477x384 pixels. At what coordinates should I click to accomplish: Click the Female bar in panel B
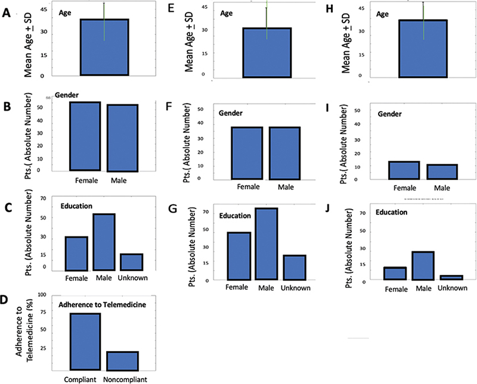[x=85, y=136]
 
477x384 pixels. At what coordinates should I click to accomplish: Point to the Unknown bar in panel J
[x=451, y=277]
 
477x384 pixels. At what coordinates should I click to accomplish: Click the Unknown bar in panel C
[x=131, y=262]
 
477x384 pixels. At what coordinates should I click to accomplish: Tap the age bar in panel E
[x=267, y=52]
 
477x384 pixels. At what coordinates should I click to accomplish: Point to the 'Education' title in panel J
[x=391, y=212]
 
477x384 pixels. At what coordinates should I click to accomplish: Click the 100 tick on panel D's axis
[x=42, y=295]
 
